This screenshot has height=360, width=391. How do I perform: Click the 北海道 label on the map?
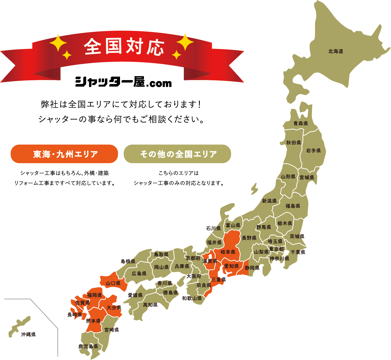pyautogui.click(x=336, y=51)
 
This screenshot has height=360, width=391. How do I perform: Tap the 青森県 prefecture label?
pyautogui.click(x=301, y=124)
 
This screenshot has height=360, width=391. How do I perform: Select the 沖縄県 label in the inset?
pyautogui.click(x=29, y=334)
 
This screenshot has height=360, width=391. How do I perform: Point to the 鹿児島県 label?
pyautogui.click(x=88, y=346)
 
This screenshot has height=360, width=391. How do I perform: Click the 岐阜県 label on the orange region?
pyautogui.click(x=228, y=252)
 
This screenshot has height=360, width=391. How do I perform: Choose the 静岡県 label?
pyautogui.click(x=252, y=268)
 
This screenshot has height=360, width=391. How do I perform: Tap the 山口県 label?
pyautogui.click(x=113, y=283)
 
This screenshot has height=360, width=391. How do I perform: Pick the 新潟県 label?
pyautogui.click(x=269, y=201)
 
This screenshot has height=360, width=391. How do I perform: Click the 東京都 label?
pyautogui.click(x=276, y=249)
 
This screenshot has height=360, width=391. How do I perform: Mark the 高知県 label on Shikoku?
pyautogui.click(x=150, y=305)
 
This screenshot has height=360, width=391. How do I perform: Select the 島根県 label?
pyautogui.click(x=128, y=261)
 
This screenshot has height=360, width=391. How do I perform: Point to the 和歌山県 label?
pyautogui.click(x=192, y=298)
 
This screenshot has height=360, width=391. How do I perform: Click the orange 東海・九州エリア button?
pyautogui.click(x=64, y=154)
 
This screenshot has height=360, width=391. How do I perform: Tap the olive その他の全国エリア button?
pyautogui.click(x=177, y=154)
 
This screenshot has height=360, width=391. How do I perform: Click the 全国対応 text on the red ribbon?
pyautogui.click(x=124, y=46)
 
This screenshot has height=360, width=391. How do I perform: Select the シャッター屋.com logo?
pyautogui.click(x=124, y=82)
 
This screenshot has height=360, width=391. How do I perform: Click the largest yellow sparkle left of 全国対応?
pyautogui.click(x=58, y=43)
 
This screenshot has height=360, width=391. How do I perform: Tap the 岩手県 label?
pyautogui.click(x=313, y=151)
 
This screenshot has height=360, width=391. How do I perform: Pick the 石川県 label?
pyautogui.click(x=213, y=228)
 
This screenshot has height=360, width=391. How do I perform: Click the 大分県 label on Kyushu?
pyautogui.click(x=114, y=308)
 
